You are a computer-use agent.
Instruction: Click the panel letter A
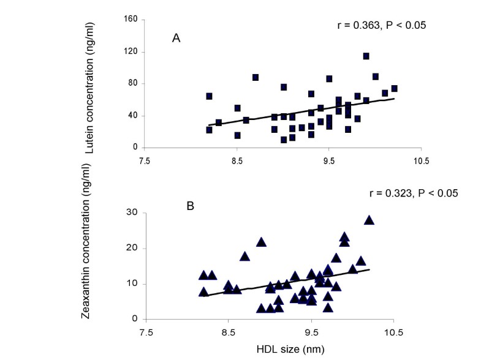pos(176,38)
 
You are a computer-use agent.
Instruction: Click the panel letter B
pos(191,205)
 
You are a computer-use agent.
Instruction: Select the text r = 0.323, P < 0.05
pos(406,193)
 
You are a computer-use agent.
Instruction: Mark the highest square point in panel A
pos(366,56)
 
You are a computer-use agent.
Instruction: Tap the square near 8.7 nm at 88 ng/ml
pos(256,78)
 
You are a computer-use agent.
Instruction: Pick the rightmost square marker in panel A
pos(394,89)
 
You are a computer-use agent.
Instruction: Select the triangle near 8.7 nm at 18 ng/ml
pos(245,257)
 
